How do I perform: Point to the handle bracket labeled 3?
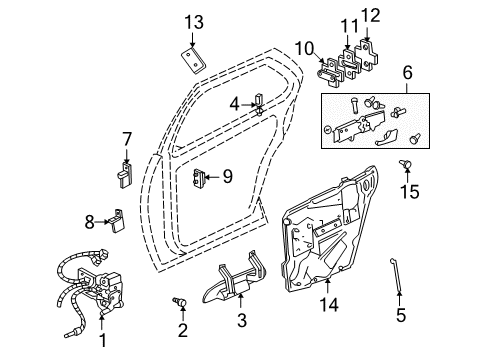pyautogui.click(x=240, y=284)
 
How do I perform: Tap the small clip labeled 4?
pyautogui.click(x=258, y=103)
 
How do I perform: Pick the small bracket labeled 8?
pyautogui.click(x=118, y=218)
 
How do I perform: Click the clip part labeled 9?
pyautogui.click(x=199, y=178)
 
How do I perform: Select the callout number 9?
pyautogui.click(x=227, y=177)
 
